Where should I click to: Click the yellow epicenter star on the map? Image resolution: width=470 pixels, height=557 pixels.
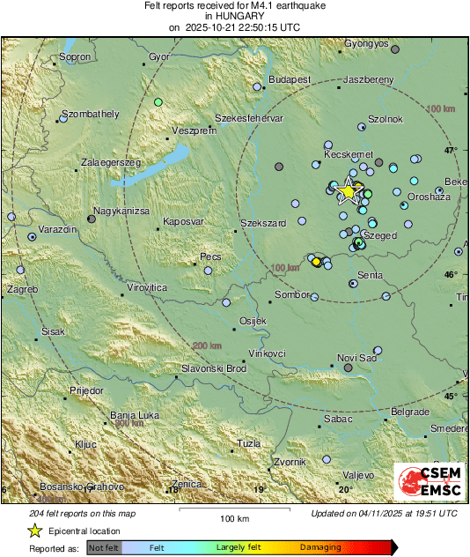[349, 190]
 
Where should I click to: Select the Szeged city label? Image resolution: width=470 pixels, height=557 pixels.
[381, 236]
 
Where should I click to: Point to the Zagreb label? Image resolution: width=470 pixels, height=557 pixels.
[22, 289]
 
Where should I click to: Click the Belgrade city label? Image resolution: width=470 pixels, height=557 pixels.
[409, 412]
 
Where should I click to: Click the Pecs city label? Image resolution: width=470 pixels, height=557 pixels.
[211, 256]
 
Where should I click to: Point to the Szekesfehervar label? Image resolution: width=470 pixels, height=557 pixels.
[249, 118]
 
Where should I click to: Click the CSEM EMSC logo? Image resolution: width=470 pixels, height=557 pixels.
[430, 483]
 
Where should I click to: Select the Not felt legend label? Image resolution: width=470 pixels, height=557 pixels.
[104, 548]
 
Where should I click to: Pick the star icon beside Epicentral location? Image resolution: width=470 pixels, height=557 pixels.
[34, 531]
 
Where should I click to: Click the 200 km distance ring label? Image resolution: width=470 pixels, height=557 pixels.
[209, 345]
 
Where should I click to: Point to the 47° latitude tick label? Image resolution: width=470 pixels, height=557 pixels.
[451, 151]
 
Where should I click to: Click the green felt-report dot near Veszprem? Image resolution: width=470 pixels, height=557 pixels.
[158, 102]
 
